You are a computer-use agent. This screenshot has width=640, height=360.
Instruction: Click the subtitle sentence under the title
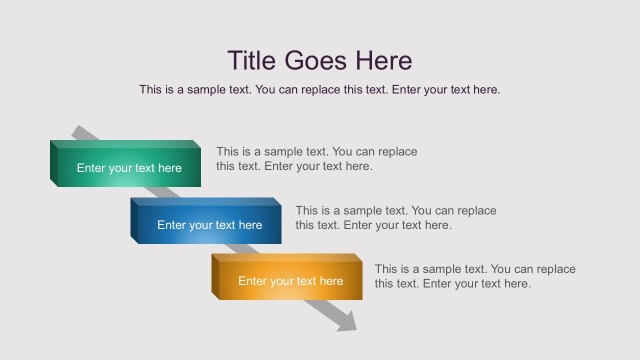(319, 90)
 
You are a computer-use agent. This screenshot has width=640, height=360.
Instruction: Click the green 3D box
(126, 166)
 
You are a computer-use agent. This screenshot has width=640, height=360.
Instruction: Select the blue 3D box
(206, 223)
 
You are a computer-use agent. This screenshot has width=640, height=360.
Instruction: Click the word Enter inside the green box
(92, 168)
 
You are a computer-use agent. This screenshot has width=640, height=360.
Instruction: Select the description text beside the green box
(316, 159)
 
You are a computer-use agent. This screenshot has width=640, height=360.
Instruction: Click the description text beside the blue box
(395, 218)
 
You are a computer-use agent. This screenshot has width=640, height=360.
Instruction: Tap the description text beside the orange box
(475, 276)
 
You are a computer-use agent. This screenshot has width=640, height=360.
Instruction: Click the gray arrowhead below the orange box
(346, 321)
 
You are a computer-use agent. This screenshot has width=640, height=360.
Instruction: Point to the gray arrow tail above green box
(81, 133)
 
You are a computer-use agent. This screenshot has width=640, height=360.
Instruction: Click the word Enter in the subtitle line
(408, 90)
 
